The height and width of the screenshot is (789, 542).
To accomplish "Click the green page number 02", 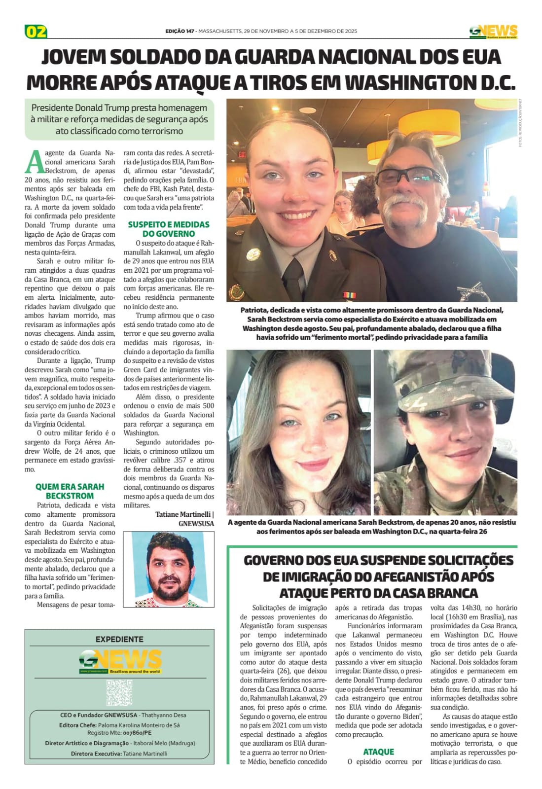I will tap(36, 32).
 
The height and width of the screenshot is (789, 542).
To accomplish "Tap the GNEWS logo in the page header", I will tap(493, 32).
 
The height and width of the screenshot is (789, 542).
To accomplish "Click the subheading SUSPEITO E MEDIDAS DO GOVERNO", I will tap(169, 229).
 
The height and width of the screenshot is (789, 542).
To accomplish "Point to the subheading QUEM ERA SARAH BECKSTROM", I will tap(70, 491).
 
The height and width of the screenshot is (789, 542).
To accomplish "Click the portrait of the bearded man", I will tap(168, 569).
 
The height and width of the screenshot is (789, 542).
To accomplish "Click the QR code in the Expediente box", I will tap(119, 692).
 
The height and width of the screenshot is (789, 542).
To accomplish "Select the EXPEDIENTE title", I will tap(119, 639).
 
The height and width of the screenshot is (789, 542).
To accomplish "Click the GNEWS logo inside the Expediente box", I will tap(120, 661).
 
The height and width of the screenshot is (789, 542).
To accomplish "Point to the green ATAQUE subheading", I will tap(378, 752).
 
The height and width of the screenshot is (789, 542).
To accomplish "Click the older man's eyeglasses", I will tap(413, 176).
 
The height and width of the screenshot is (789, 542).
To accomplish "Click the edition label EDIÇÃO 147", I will tap(180, 31).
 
